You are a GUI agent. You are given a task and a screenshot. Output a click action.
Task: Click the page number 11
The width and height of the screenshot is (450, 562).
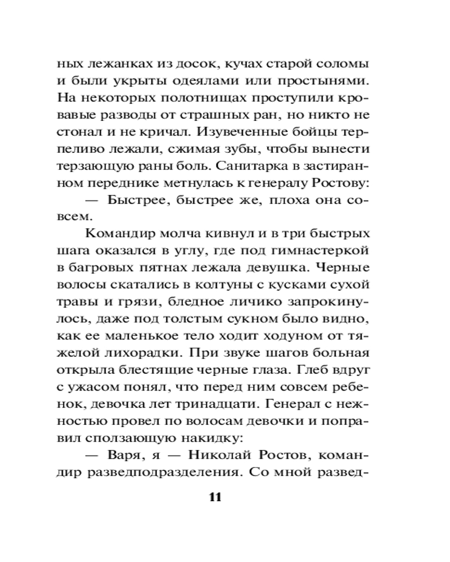(x=216, y=497)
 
